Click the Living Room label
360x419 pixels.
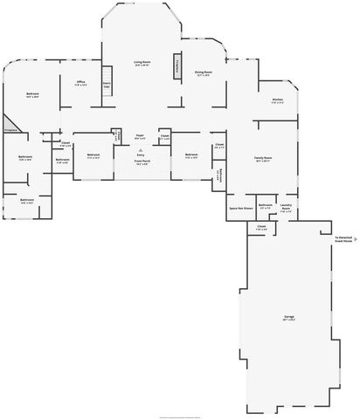click(x=142, y=63)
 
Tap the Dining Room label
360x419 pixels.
click(x=204, y=73)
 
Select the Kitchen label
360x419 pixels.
click(x=277, y=100)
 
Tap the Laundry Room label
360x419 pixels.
click(x=286, y=208)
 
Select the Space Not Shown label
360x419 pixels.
click(x=241, y=209)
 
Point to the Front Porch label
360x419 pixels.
click(x=142, y=161)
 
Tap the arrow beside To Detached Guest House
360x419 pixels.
click(x=356, y=237)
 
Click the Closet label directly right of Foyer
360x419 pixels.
click(x=165, y=136)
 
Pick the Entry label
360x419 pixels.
click(x=141, y=155)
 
